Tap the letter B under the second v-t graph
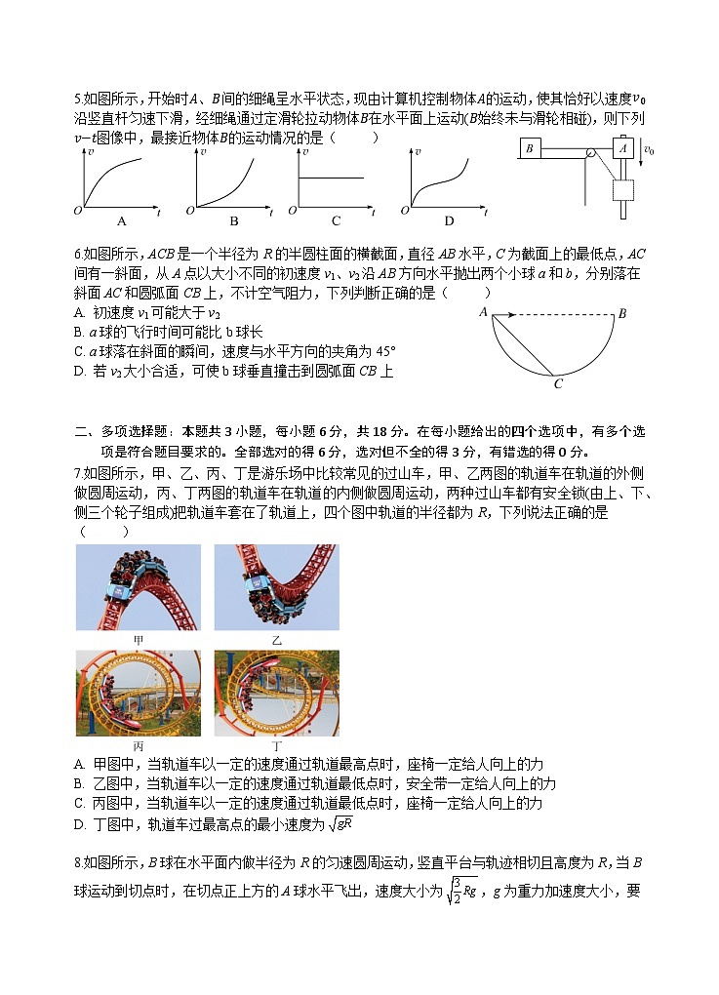(x=233, y=220)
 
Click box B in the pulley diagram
(x=530, y=148)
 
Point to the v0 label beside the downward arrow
(x=649, y=150)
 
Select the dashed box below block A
(x=622, y=188)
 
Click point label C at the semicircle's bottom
(x=558, y=384)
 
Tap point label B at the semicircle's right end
(x=622, y=313)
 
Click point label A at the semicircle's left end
(x=483, y=312)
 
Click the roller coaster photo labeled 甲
(x=139, y=587)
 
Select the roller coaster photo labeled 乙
(x=276, y=587)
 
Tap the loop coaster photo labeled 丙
(x=139, y=694)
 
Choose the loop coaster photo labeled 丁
(x=277, y=694)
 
